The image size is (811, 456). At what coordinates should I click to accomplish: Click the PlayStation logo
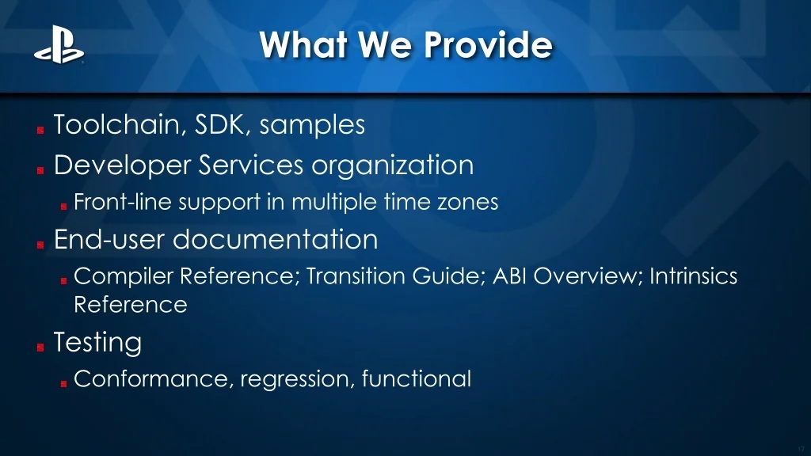click(x=59, y=45)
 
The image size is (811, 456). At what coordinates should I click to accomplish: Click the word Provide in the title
click(x=488, y=44)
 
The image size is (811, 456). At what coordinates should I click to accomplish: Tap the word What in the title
click(x=303, y=44)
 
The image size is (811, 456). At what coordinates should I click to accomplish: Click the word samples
click(x=312, y=126)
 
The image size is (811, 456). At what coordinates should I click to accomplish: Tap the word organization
click(x=393, y=166)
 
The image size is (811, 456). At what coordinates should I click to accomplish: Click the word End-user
click(x=109, y=239)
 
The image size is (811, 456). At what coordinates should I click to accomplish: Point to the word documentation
click(x=275, y=239)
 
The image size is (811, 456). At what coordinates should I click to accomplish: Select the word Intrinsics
click(x=693, y=275)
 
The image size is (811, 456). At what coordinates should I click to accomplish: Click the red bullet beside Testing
click(x=40, y=348)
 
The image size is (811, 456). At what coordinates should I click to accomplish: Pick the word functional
click(x=417, y=378)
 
